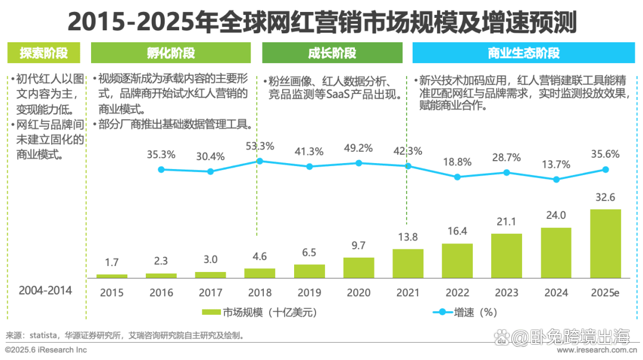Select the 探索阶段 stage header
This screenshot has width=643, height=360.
click(44, 53)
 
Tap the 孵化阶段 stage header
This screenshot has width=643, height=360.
click(171, 53)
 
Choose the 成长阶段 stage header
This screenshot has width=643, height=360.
click(332, 53)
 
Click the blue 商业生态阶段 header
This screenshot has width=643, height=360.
click(523, 53)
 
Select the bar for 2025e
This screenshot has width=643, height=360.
click(605, 243)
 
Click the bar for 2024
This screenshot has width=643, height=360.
click(556, 252)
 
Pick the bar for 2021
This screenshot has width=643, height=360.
click(408, 263)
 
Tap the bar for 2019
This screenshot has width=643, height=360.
click(310, 271)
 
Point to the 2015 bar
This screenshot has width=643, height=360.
click(112, 276)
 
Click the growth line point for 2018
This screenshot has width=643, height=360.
click(260, 161)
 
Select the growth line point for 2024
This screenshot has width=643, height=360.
click(556, 179)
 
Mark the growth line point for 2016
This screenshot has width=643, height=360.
click(161, 170)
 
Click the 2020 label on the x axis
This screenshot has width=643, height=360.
click(358, 292)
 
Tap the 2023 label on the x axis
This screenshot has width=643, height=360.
click(507, 292)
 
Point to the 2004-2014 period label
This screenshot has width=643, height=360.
click(45, 291)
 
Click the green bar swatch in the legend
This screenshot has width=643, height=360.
click(211, 312)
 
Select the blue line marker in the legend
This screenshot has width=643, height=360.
click(442, 312)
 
